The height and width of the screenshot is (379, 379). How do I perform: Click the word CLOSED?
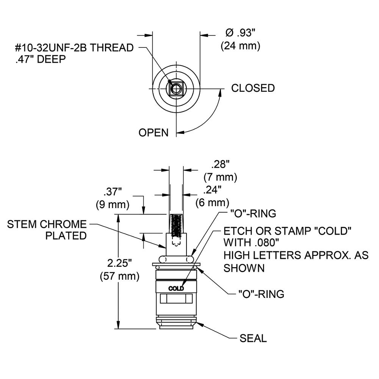click(253, 88)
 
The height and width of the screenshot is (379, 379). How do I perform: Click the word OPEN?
click(153, 133)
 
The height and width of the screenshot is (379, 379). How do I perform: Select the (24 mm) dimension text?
click(240, 46)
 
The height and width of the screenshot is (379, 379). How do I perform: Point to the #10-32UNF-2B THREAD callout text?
click(75, 48)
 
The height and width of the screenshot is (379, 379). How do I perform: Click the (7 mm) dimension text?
click(220, 177)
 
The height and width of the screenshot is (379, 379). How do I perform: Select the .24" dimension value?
click(213, 190)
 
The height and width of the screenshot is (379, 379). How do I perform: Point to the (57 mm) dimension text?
click(119, 276)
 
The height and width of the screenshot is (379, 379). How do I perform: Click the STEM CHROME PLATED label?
click(47, 230)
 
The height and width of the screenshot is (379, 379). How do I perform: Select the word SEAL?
click(253, 338)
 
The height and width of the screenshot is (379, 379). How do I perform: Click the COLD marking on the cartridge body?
click(176, 288)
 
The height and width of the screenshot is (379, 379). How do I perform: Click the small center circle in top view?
click(176, 89)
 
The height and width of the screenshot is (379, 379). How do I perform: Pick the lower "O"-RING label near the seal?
click(261, 294)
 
